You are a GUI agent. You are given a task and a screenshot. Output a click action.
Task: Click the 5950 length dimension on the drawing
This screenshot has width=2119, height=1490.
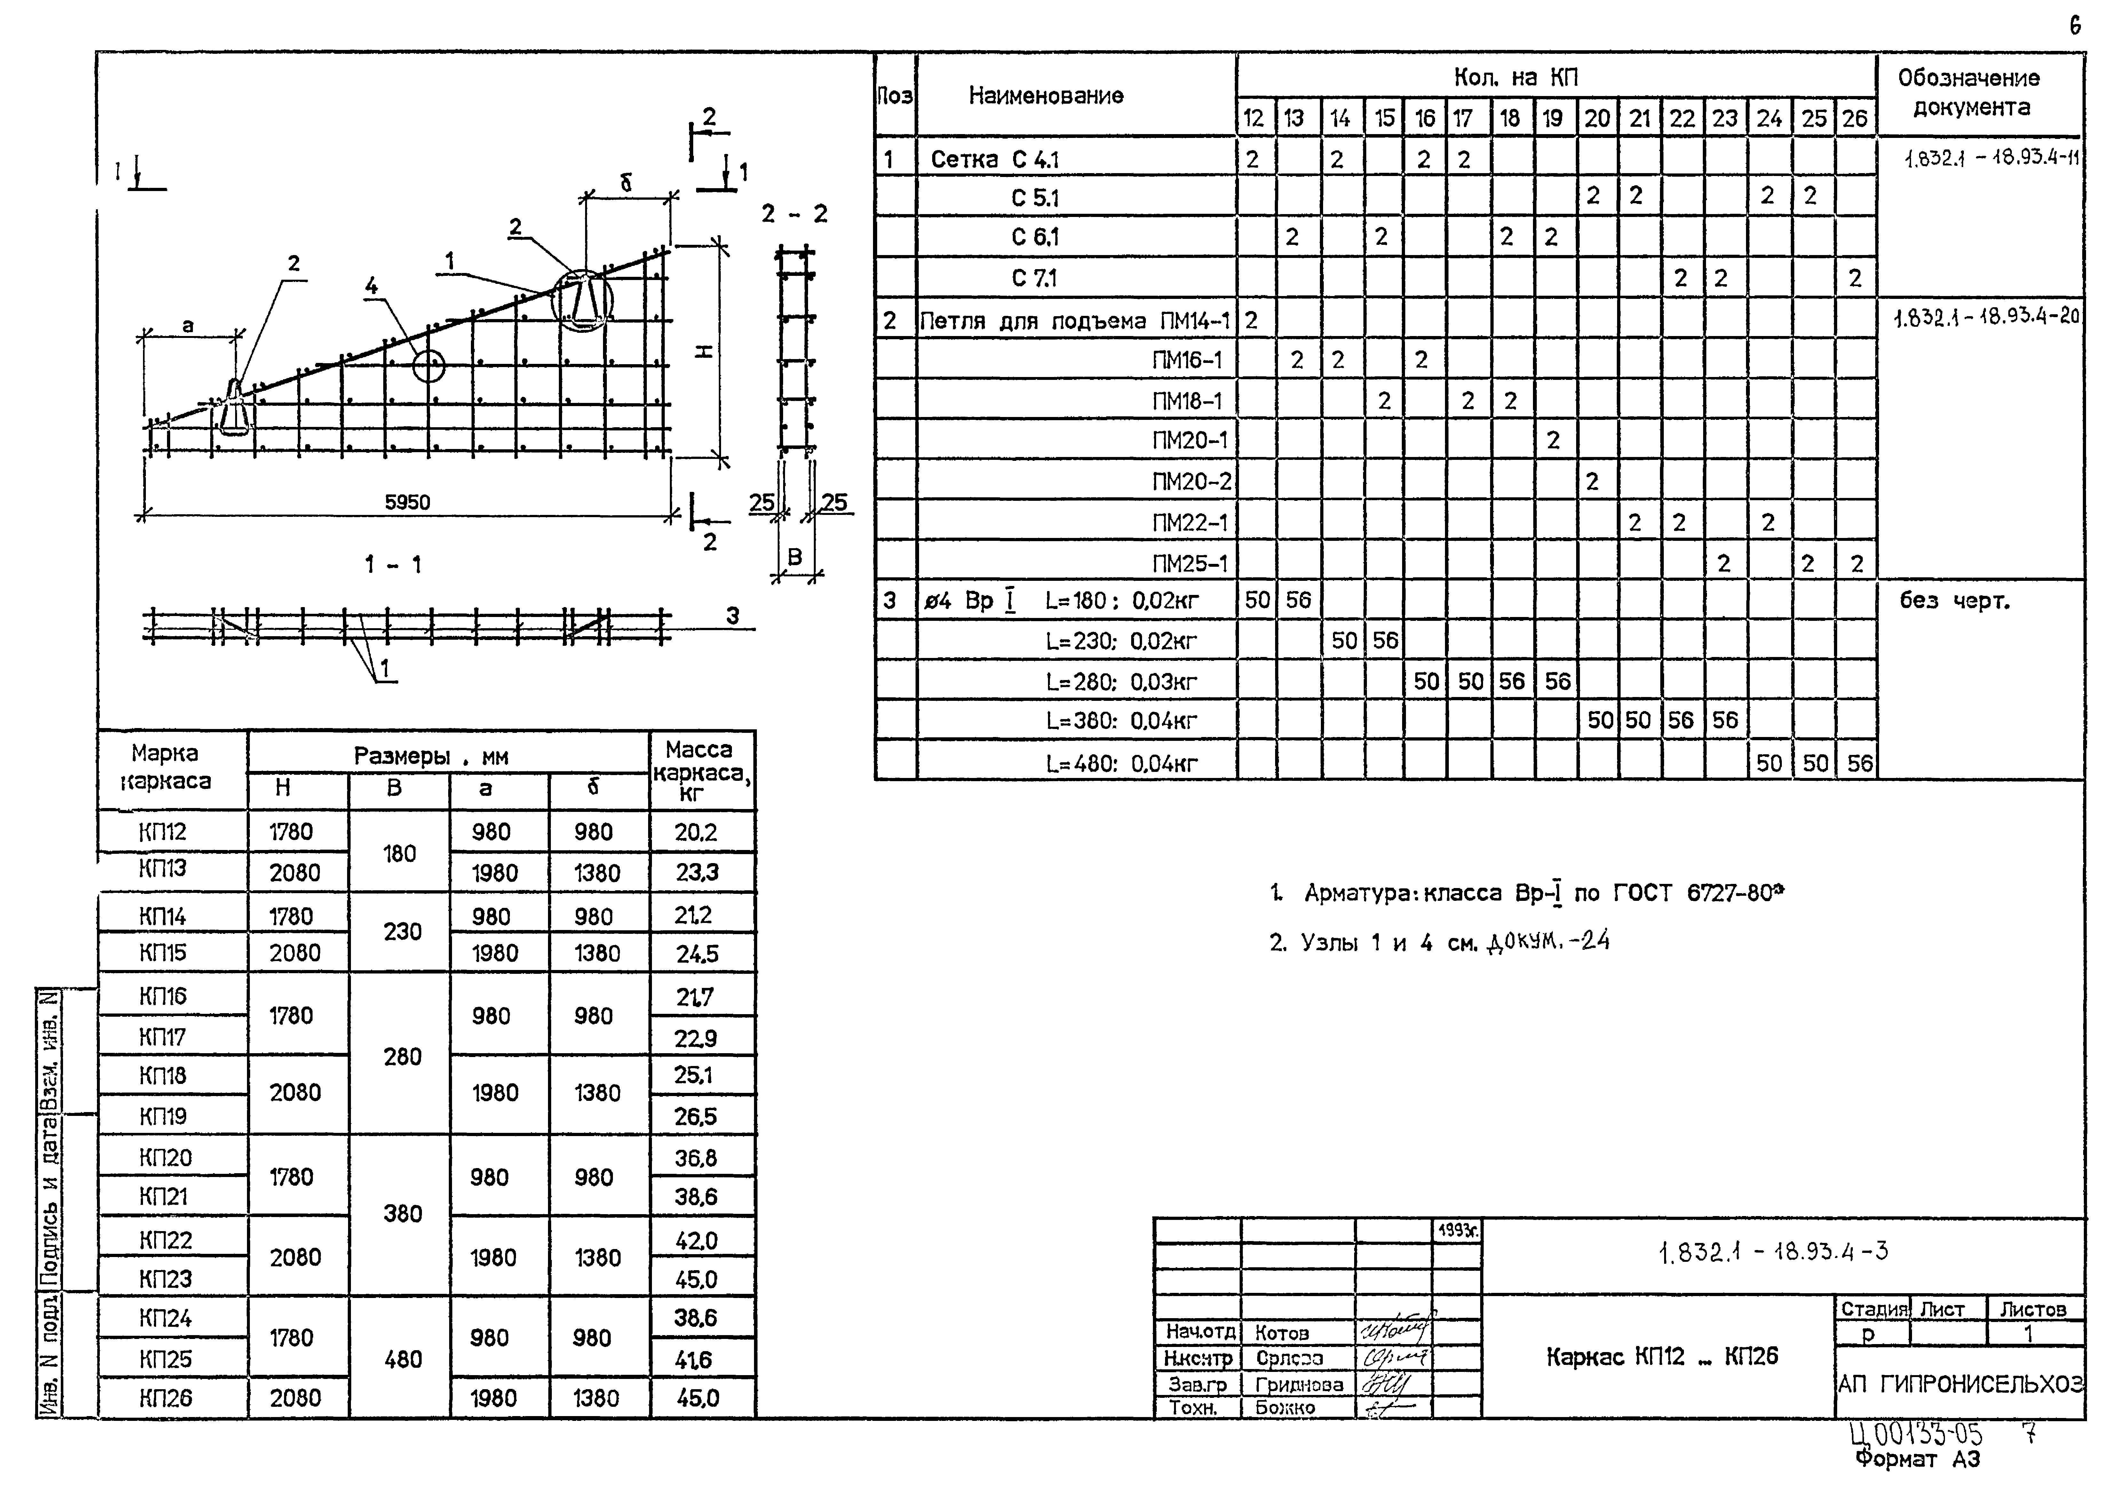407,502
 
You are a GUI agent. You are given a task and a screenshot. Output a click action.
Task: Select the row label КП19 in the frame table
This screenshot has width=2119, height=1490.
163,1116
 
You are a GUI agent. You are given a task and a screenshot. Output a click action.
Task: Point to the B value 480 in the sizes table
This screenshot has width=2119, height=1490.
402,1359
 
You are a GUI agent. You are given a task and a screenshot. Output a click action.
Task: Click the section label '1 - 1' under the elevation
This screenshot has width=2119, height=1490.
392,564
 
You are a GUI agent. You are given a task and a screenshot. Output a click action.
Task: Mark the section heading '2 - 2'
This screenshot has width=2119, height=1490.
794,214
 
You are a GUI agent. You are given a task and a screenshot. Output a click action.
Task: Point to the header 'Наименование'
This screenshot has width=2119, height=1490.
1046,95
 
